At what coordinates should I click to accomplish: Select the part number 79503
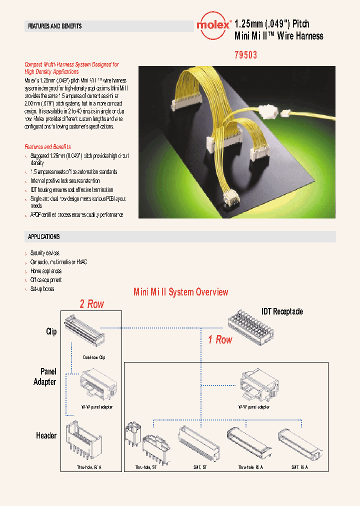tap(245, 55)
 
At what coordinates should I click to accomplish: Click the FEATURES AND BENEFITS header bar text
tap(55, 26)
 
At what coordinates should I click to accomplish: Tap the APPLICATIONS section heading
tap(44, 236)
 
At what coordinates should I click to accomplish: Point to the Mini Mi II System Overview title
tap(180, 292)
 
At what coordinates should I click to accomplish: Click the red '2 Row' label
tap(92, 304)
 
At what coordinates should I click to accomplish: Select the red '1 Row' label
tap(220, 339)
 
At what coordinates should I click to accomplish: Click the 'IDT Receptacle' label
tap(282, 311)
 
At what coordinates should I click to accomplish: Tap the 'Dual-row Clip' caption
tap(94, 357)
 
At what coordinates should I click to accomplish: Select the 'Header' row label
tap(46, 435)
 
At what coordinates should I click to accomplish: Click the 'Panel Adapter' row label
tap(45, 376)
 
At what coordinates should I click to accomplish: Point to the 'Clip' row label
tap(51, 331)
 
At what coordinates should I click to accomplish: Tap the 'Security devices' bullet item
tap(45, 253)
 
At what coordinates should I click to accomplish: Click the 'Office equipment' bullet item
tap(46, 280)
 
